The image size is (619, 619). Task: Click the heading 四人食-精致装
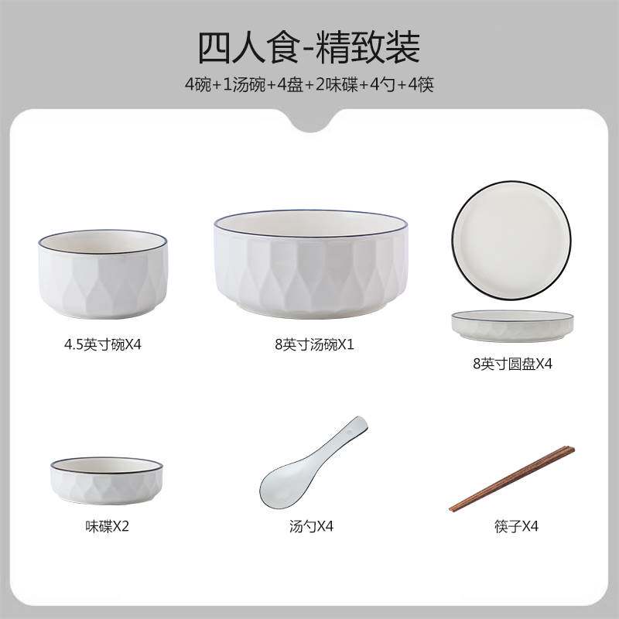(309, 47)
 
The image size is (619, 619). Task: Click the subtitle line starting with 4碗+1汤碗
(309, 84)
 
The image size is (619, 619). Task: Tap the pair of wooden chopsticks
(513, 478)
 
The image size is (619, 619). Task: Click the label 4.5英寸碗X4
(103, 344)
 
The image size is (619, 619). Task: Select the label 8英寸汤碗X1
(310, 344)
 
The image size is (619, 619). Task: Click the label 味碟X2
(107, 527)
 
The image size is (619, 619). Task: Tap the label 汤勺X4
(310, 527)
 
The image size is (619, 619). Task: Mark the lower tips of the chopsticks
(453, 508)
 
